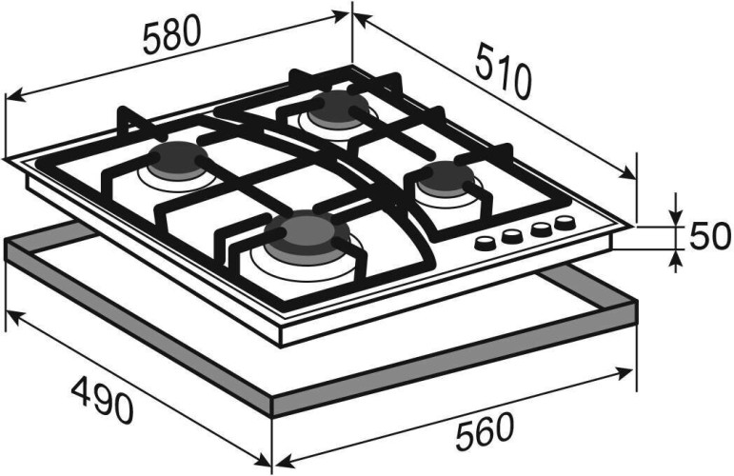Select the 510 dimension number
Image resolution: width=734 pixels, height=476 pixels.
pyautogui.click(x=505, y=70)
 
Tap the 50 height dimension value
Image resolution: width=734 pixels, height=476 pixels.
pyautogui.click(x=709, y=236)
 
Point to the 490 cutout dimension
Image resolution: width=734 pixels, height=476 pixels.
pyautogui.click(x=102, y=400)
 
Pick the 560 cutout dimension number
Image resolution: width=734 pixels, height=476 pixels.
pyautogui.click(x=485, y=431)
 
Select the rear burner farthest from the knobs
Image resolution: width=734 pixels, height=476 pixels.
pyautogui.click(x=338, y=109)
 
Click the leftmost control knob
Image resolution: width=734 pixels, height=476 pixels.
pyautogui.click(x=485, y=243)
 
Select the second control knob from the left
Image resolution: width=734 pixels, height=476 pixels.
pyautogui.click(x=512, y=236)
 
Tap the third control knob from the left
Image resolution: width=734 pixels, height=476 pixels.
pyautogui.click(x=540, y=229)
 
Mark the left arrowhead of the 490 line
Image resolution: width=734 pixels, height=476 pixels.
pyautogui.click(x=12, y=316)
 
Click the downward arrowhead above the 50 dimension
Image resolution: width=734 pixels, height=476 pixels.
pyautogui.click(x=675, y=216)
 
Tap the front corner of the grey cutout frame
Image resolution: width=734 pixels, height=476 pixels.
pyautogui.click(x=272, y=407)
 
